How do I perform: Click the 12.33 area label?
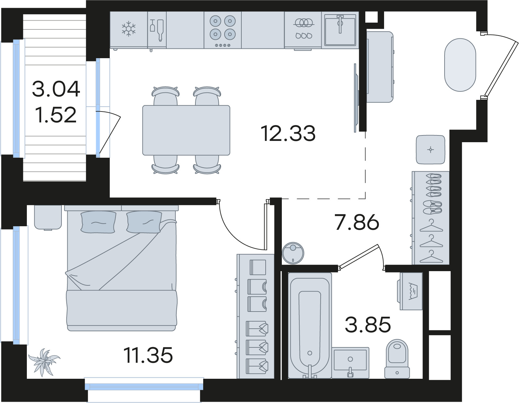(288, 133)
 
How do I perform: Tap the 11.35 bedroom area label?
(148, 355)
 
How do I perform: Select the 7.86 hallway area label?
(357, 222)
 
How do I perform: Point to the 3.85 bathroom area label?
(368, 324)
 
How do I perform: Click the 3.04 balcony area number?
(56, 89)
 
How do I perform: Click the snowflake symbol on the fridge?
(129, 29)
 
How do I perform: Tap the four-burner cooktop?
(223, 30)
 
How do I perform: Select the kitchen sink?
(340, 30)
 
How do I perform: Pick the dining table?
(186, 130)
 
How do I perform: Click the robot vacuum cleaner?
(293, 253)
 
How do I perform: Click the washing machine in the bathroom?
(410, 291)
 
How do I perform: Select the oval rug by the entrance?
(460, 65)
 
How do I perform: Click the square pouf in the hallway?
(430, 150)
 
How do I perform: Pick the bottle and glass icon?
(157, 30)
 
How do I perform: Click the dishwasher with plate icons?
(303, 30)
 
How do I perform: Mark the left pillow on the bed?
(98, 222)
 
